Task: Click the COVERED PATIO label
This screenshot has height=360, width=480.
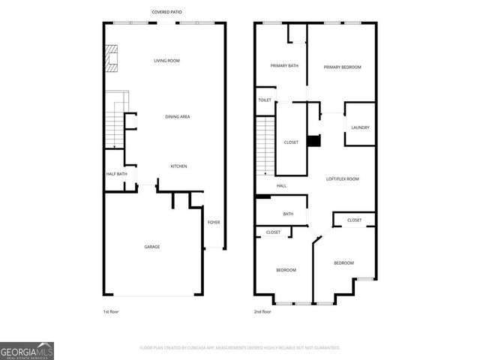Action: click(166, 12)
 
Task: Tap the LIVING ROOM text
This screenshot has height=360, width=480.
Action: click(166, 61)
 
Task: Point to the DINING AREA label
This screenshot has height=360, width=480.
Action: click(177, 116)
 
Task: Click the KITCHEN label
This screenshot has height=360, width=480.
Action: click(178, 166)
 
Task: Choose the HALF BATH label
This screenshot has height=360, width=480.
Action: click(116, 174)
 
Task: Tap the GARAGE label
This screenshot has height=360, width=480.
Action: click(151, 247)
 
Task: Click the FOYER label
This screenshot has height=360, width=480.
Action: click(214, 222)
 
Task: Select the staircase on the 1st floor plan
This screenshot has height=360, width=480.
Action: click(114, 124)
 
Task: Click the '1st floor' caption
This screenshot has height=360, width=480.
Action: click(111, 310)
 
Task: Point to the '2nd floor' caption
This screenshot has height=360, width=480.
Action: click(262, 310)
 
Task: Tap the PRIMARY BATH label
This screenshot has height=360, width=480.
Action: click(284, 66)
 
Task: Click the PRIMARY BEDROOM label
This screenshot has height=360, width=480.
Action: click(342, 67)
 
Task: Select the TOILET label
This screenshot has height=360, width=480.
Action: click(265, 100)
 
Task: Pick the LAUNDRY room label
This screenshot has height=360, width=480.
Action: click(360, 127)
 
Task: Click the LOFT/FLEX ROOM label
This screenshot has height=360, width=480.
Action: click(342, 178)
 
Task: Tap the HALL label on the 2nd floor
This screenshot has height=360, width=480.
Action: click(281, 186)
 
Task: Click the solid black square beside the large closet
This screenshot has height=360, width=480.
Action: click(315, 140)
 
